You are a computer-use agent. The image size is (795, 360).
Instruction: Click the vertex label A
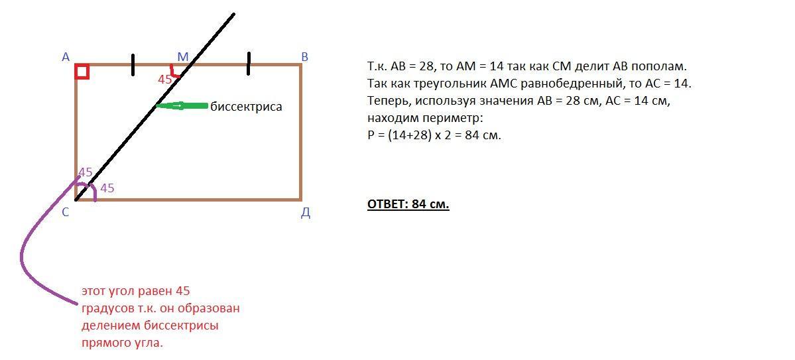66,57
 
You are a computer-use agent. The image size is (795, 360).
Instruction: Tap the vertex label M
182,57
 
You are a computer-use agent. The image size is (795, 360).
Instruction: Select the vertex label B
304,57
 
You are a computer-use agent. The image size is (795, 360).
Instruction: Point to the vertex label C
66,213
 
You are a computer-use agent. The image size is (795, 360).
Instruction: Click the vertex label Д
306,213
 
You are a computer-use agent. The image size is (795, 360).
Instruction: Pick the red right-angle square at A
82,71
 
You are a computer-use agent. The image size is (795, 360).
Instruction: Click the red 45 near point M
164,80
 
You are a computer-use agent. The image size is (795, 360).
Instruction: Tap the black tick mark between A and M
133,64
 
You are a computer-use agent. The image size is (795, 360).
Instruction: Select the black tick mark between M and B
249,64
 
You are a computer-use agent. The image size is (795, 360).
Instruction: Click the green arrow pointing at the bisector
183,105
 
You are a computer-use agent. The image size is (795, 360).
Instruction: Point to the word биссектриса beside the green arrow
246,107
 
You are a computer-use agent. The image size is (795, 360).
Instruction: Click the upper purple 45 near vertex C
86,172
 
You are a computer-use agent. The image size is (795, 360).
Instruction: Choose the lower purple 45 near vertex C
107,188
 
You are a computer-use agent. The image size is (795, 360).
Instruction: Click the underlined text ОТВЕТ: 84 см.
408,204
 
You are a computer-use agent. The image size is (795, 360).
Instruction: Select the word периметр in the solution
458,119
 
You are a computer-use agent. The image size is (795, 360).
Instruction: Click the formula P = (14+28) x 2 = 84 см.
434,135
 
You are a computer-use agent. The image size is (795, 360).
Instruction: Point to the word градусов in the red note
106,308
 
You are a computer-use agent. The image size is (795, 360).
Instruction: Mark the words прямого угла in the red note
121,343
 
